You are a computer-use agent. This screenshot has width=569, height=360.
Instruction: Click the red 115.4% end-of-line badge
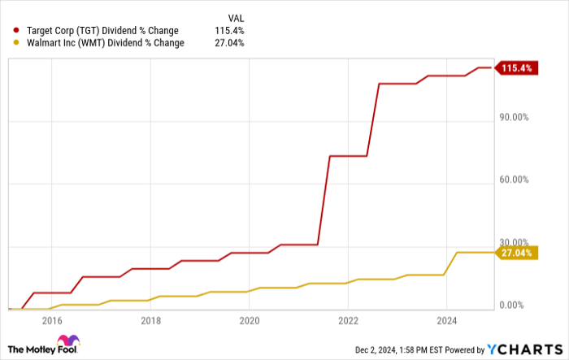515,68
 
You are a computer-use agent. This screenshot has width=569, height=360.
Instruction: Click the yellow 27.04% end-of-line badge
517,253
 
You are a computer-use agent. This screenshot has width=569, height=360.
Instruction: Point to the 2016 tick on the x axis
51,320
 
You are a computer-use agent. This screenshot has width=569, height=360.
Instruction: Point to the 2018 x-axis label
150,320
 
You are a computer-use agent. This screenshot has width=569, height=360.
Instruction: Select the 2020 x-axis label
250,320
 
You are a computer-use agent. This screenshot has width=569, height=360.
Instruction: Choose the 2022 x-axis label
348,320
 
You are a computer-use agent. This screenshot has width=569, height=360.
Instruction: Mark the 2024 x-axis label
447,320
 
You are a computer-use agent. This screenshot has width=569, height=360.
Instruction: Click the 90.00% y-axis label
515,117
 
